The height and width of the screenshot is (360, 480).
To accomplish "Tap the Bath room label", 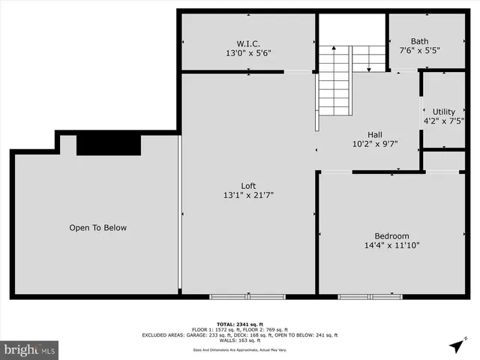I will click(x=421, y=41).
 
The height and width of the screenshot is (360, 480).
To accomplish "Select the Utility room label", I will click(x=444, y=112).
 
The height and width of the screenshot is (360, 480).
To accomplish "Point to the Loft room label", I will click(x=248, y=186).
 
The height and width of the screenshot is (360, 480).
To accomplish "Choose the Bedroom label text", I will click(x=392, y=235).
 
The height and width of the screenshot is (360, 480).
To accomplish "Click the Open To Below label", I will click(x=98, y=228).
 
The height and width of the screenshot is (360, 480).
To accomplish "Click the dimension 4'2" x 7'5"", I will click(x=444, y=121).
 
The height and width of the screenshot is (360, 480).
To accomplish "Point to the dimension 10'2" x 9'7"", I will click(x=375, y=145).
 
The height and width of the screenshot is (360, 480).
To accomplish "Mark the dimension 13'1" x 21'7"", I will click(x=248, y=196).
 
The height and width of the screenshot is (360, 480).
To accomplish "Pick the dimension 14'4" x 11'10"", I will click(x=392, y=245).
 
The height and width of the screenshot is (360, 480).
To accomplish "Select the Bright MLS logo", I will click(x=30, y=349).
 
